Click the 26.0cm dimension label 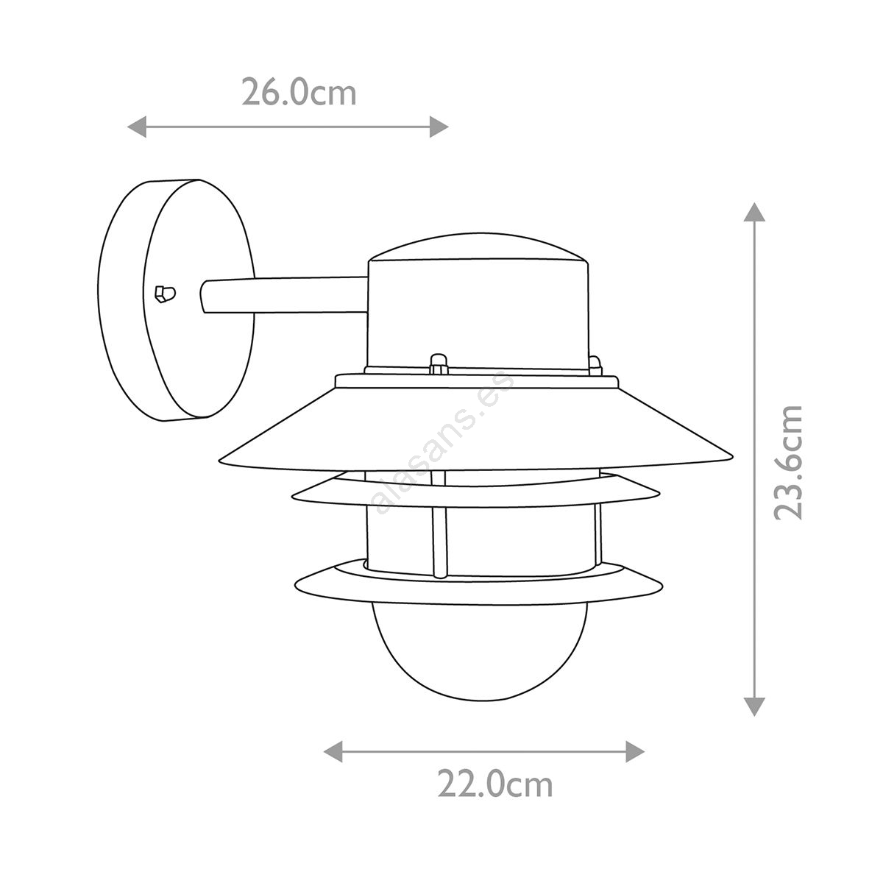299,93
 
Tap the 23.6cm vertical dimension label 789,463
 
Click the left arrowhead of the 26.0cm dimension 137,127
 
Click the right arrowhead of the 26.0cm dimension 439,127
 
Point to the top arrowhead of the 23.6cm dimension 753,212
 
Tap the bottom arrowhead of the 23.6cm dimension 753,706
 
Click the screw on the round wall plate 165,294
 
